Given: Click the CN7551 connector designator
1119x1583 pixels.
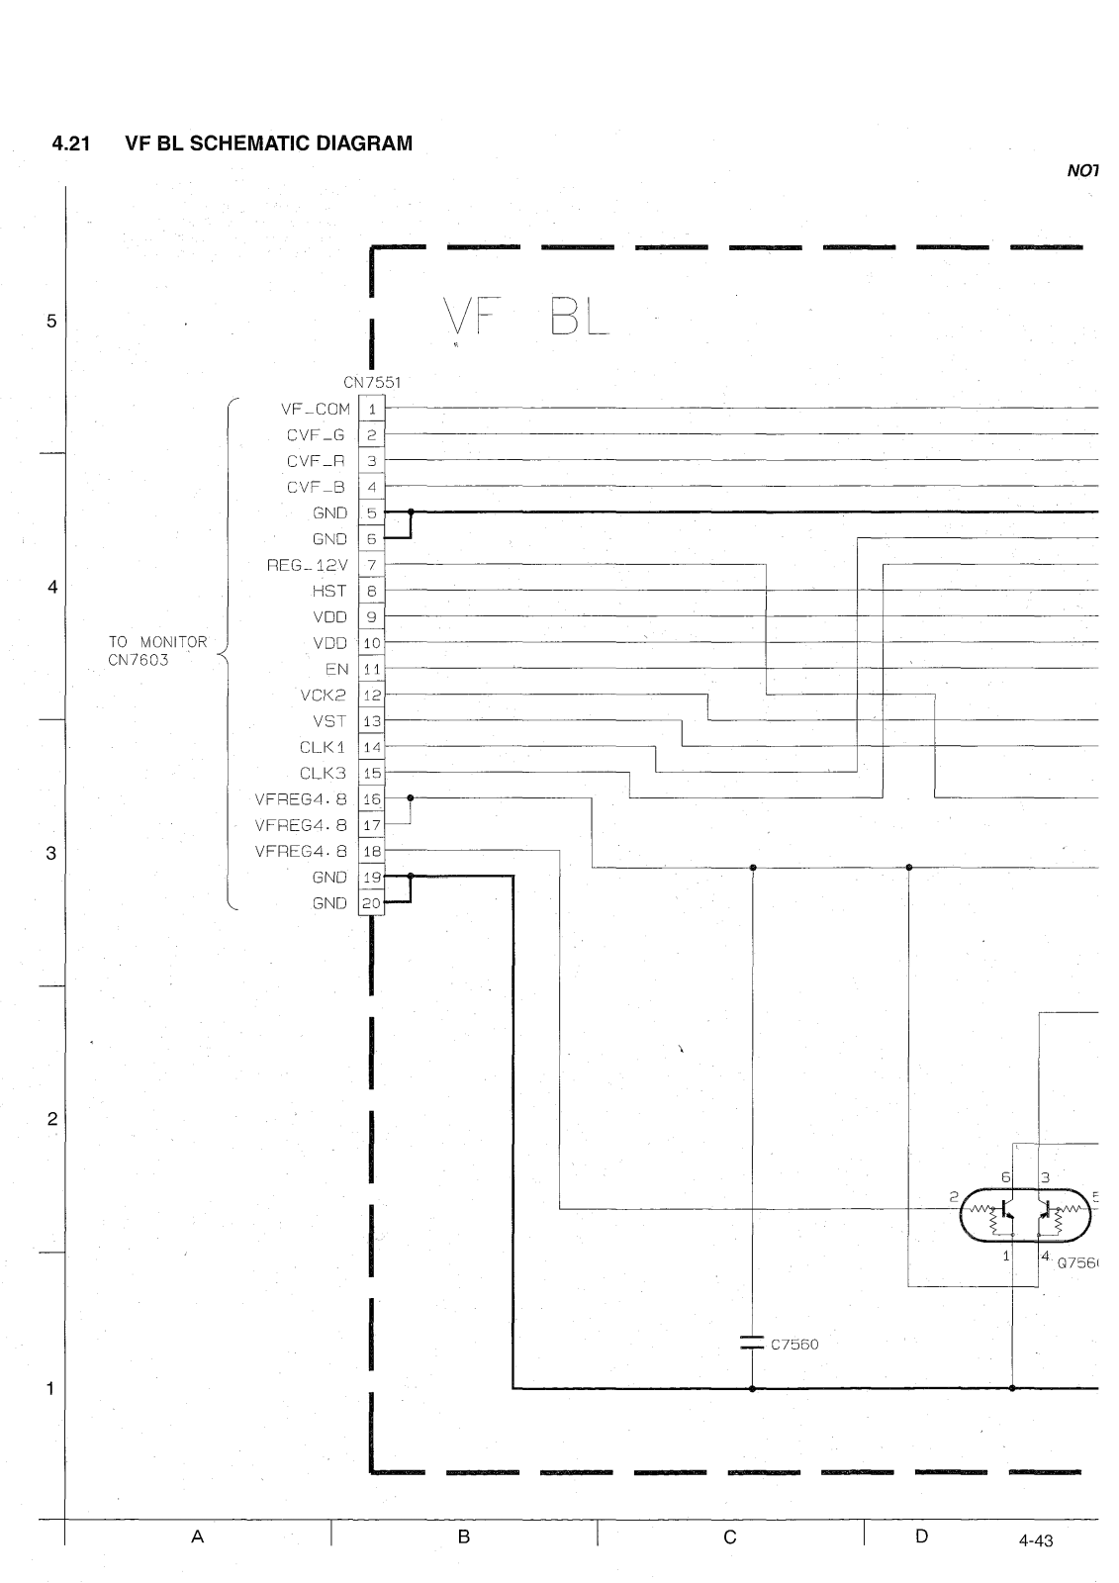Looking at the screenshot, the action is [372, 382].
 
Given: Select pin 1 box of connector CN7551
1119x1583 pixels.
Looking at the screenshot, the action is [372, 409].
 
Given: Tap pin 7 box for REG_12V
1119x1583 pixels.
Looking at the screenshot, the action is [372, 565].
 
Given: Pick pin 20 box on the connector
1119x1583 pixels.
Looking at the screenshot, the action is [372, 903].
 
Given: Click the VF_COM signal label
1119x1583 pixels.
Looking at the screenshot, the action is [316, 409].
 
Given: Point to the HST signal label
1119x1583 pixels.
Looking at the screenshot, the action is [329, 591].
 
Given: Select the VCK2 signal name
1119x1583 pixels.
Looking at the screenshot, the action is [324, 695].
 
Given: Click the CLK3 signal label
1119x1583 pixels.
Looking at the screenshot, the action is [324, 773].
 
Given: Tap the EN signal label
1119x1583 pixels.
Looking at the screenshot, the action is [336, 669].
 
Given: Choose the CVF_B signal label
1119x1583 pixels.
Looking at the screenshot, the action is [316, 487].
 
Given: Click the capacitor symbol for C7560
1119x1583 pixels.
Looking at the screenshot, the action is [752, 1344].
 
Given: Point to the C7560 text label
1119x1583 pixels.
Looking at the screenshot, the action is [794, 1345].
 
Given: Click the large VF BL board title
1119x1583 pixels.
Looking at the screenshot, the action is [526, 319].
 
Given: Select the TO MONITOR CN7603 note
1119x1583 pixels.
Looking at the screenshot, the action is [158, 651].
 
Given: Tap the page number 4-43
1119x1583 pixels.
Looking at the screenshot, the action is [1035, 1541].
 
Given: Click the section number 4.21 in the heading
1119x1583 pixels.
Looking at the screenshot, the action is [70, 144].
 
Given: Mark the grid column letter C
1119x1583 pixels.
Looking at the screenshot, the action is [730, 1536].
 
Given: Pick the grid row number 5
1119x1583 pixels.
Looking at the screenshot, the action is [51, 322].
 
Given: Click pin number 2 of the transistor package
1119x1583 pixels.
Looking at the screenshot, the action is [954, 1196].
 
